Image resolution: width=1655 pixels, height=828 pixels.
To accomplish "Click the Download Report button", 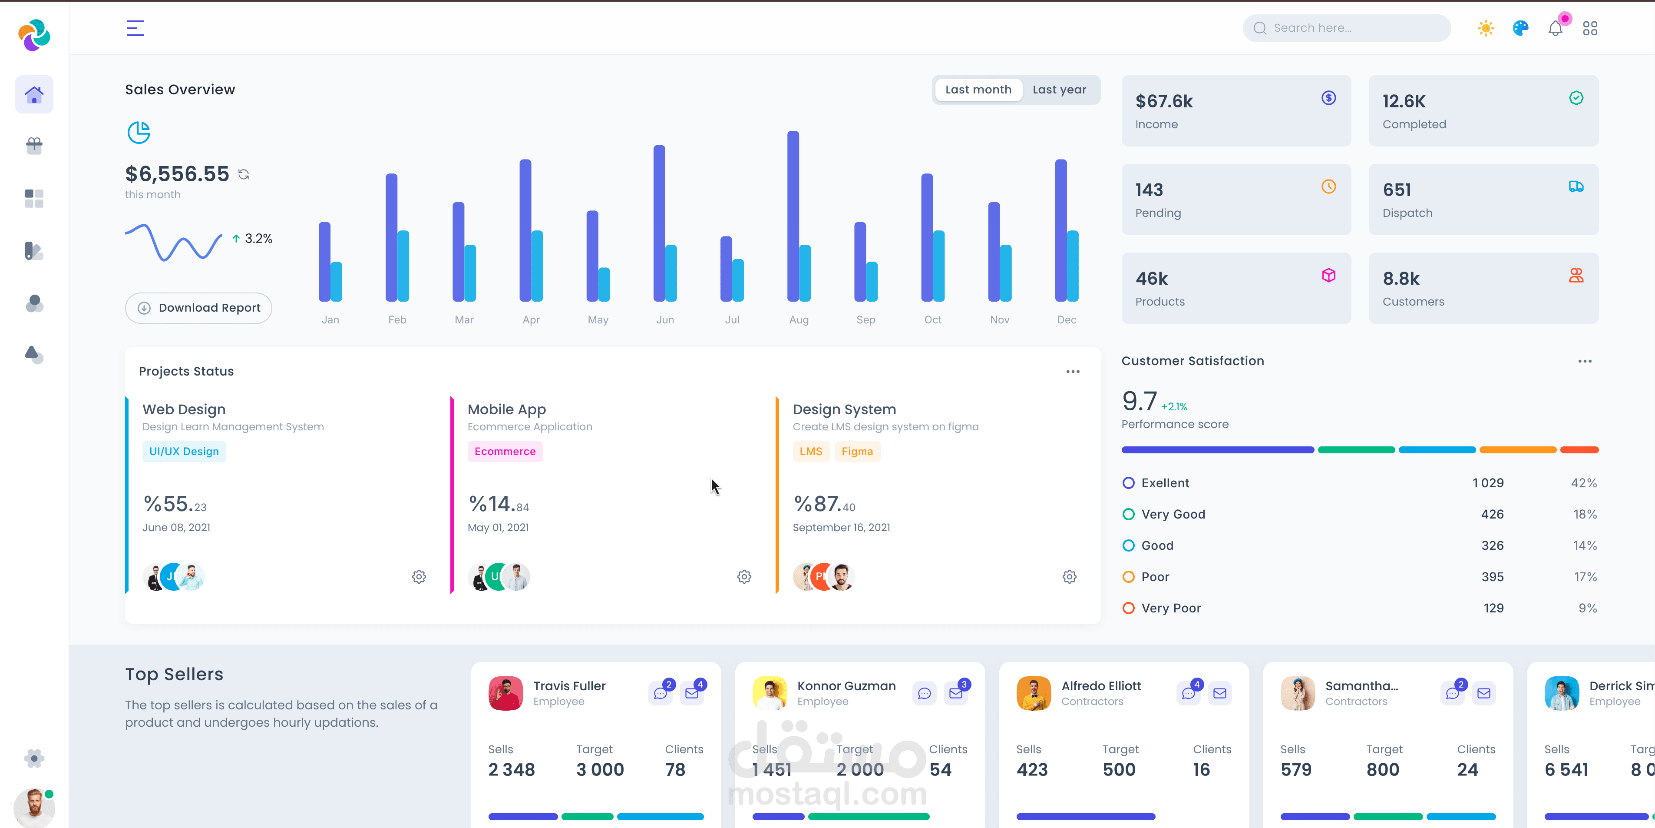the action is click(x=198, y=308).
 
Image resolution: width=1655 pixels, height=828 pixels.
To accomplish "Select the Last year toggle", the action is click(x=1060, y=90).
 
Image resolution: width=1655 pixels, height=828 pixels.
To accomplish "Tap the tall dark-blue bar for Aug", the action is click(x=793, y=216).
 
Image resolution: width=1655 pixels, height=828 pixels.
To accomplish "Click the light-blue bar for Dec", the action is click(x=1073, y=266).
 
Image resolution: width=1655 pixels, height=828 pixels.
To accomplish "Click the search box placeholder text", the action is click(x=1312, y=28).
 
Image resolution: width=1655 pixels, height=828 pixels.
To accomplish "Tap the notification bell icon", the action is click(x=1555, y=28).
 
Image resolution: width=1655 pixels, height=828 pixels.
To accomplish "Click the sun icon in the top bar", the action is click(x=1485, y=28).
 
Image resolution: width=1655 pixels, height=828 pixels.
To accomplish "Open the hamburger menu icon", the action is click(x=135, y=28).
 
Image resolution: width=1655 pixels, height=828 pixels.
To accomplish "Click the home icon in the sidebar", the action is click(x=34, y=94).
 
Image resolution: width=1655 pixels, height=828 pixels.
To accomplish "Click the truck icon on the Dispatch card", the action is click(x=1576, y=186).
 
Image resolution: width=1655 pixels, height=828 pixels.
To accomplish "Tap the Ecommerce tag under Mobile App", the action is click(x=505, y=451).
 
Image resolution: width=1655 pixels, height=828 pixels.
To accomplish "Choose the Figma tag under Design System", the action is click(x=857, y=451).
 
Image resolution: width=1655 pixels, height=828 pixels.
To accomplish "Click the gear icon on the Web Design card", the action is click(x=419, y=577).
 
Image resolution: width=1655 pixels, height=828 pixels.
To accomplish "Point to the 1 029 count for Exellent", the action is click(x=1488, y=483).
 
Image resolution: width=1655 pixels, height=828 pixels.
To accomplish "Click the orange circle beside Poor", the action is click(x=1128, y=577).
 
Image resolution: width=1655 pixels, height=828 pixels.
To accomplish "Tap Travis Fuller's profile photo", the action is click(x=505, y=693).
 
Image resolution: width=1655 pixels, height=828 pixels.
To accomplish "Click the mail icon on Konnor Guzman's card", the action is click(x=956, y=693).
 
